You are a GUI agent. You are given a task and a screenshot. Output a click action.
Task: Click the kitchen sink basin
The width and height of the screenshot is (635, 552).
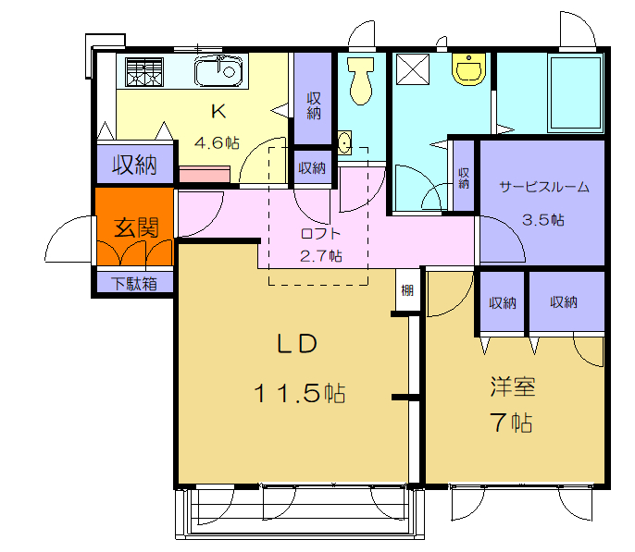[x=218, y=71]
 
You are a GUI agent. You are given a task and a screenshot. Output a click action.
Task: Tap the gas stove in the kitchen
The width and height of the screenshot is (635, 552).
[x=144, y=72]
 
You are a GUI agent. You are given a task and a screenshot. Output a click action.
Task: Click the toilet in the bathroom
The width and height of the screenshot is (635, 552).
[x=360, y=80]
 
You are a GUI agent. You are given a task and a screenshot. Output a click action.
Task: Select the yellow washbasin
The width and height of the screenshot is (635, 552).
[x=469, y=69]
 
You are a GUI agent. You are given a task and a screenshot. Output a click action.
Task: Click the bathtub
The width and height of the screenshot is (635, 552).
[x=576, y=93]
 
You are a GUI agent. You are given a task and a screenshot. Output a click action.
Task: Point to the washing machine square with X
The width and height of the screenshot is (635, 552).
[x=413, y=69]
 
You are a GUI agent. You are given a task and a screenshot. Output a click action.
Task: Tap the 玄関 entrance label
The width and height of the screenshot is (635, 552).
[x=136, y=227]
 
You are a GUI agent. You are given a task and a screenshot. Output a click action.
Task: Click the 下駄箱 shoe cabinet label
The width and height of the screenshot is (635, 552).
[x=134, y=284]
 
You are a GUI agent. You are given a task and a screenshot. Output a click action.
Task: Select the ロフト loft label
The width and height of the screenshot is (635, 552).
[x=320, y=233]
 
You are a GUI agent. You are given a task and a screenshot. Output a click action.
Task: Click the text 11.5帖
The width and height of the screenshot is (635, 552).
[x=300, y=393]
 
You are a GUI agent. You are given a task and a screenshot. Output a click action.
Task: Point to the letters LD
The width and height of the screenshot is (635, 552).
[x=297, y=345]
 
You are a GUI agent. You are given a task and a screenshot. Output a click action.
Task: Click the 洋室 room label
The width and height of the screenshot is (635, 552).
[x=513, y=386]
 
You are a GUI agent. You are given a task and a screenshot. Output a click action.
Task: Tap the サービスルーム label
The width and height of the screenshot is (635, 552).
[x=544, y=187]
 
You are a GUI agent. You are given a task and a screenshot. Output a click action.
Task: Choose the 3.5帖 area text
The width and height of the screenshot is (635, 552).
[x=542, y=219]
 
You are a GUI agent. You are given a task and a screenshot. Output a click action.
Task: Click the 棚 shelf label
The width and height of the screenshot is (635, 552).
[x=407, y=290]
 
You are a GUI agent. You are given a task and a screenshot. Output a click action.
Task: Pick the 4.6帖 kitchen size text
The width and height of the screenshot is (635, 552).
[x=217, y=142]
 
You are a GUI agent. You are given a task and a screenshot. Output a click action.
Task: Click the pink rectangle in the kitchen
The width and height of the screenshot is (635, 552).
[x=205, y=174]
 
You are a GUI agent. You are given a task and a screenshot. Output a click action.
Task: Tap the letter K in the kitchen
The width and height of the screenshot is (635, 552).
[x=218, y=111]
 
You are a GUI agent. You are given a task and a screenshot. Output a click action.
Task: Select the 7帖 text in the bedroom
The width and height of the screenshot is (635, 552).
[x=511, y=423]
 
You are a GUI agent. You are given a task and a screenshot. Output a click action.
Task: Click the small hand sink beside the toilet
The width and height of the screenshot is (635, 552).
[x=344, y=142]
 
